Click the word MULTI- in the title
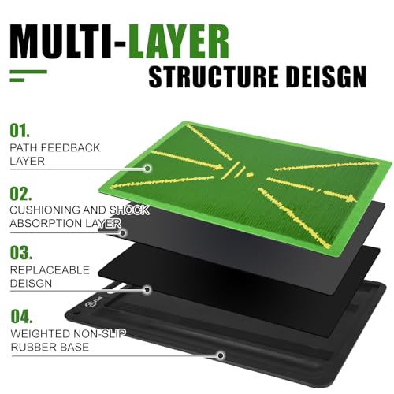68,42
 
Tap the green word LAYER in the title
178,42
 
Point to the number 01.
20,131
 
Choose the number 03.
21,252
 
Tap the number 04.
22,316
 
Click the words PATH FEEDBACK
55,147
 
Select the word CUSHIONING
45,210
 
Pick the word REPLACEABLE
50,270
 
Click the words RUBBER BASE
50,347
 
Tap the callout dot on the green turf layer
147,168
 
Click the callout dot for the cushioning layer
123,232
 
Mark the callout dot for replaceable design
147,290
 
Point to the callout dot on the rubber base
221,355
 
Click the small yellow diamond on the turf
250,174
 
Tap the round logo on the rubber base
88,304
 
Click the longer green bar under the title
28,72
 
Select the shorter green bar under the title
17,80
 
